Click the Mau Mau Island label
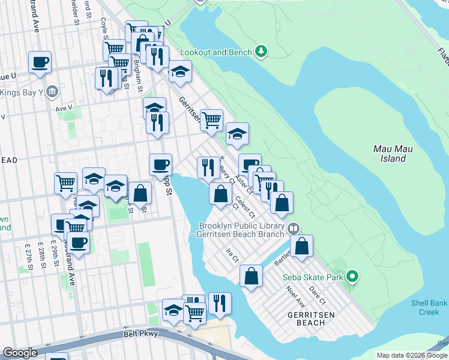pyautogui.click(x=389, y=154)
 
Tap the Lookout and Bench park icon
pyautogui.click(x=261, y=52)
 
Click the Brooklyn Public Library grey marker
pyautogui.click(x=294, y=227)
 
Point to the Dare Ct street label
pyautogui.click(x=318, y=294)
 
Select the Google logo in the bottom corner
pyautogui.click(x=20, y=353)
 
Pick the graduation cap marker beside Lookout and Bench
pyautogui.click(x=179, y=72)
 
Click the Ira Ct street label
pyautogui.click(x=232, y=256)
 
